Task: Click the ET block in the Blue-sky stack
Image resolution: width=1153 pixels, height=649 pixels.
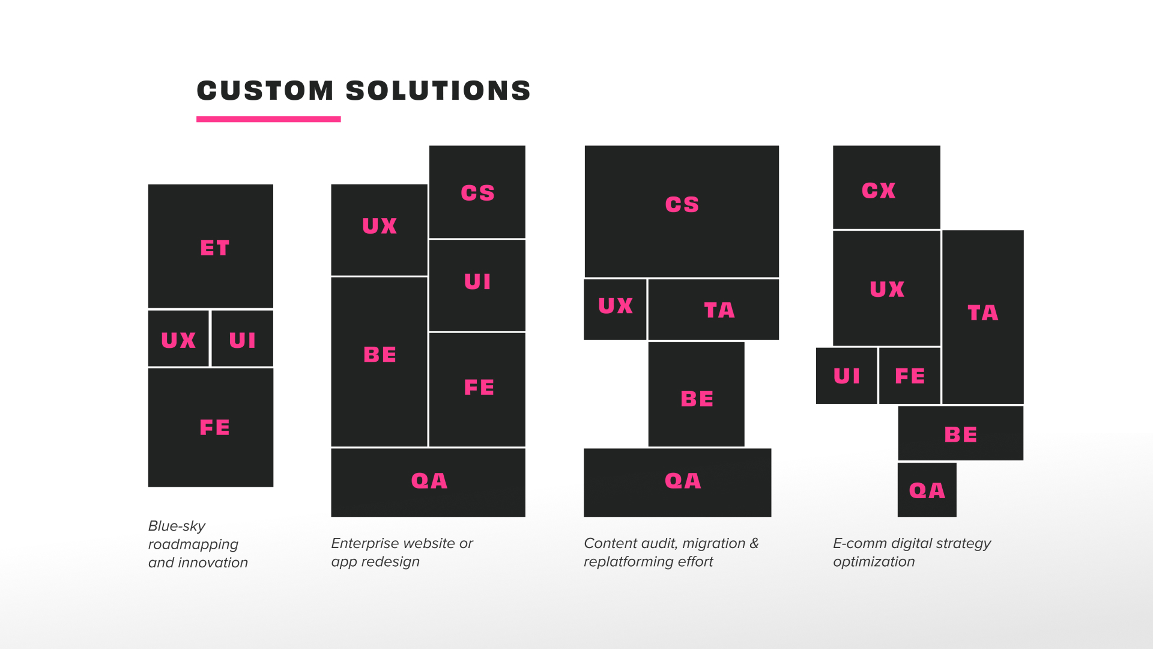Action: click(x=211, y=246)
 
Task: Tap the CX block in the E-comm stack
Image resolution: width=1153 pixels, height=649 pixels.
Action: click(x=886, y=187)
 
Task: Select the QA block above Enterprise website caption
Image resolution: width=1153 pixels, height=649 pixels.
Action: click(x=428, y=483)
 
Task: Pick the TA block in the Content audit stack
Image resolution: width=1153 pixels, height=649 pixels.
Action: click(x=713, y=309)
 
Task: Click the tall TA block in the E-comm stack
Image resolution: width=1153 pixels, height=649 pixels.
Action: click(x=983, y=317)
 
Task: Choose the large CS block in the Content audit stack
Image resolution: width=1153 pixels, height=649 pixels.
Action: click(x=682, y=211)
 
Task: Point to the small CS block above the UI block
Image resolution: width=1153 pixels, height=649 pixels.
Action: click(x=477, y=192)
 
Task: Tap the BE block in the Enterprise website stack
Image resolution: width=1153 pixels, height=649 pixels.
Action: click(x=379, y=362)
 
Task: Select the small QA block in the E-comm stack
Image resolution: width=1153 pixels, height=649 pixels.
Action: click(x=927, y=490)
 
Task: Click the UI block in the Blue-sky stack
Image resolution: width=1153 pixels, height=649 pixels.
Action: click(x=243, y=338)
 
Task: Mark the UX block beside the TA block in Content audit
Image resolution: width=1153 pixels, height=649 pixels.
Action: click(x=615, y=309)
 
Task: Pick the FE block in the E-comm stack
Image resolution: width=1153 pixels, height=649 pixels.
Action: click(x=910, y=376)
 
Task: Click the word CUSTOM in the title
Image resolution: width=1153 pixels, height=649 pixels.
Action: click(x=265, y=91)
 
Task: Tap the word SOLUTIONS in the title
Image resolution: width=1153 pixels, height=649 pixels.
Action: click(x=438, y=91)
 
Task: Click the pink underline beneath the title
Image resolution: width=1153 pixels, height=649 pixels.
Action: click(x=268, y=119)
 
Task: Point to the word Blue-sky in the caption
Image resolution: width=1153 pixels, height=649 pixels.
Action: click(x=177, y=526)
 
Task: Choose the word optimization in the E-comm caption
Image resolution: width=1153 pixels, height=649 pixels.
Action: click(x=874, y=562)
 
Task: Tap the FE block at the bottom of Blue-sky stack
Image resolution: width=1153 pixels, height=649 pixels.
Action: click(x=211, y=427)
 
